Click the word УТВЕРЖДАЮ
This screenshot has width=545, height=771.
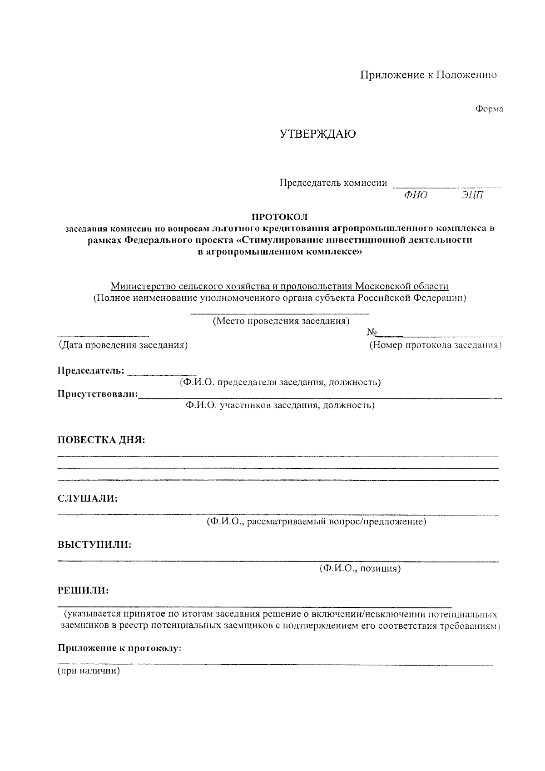(x=317, y=134)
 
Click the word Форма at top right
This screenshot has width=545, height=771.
(x=489, y=109)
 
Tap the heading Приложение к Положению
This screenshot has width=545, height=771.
(x=428, y=75)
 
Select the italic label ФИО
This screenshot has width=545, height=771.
(x=415, y=195)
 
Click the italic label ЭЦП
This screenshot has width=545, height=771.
(x=473, y=195)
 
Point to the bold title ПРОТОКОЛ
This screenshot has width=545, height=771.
(x=280, y=217)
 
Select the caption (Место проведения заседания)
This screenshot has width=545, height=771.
(x=281, y=321)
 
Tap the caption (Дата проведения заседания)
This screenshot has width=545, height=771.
(x=123, y=345)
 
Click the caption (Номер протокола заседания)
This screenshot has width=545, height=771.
(x=435, y=345)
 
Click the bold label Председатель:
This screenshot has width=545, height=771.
(x=91, y=371)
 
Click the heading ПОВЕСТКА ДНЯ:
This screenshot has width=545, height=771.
(x=101, y=440)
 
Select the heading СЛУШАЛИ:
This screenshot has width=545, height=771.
(x=87, y=498)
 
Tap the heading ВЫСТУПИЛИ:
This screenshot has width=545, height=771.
(x=94, y=545)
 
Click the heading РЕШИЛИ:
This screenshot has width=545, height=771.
(x=83, y=591)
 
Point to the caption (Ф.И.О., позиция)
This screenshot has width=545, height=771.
(x=360, y=568)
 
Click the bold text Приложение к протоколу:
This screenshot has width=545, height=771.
(x=119, y=648)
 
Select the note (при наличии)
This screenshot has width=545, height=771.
(x=89, y=671)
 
